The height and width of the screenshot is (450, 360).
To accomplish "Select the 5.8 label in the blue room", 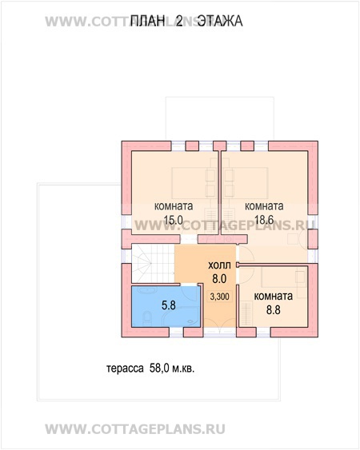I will [x=167, y=305].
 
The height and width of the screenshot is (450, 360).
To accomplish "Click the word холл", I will [x=219, y=265].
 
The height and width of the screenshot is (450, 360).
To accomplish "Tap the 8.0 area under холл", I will [x=219, y=279].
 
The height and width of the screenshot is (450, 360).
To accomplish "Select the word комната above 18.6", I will [x=266, y=205].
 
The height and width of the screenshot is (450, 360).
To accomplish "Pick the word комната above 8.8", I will [x=273, y=296].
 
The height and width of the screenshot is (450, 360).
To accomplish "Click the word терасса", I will [x=124, y=369].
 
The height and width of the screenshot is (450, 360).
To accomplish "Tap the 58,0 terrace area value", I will [x=158, y=369].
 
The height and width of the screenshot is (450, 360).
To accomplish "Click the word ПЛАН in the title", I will [x=146, y=26].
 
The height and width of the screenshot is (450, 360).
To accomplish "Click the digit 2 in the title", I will [x=180, y=26].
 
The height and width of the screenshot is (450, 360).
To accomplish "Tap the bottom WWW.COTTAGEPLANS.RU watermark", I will [x=179, y=428].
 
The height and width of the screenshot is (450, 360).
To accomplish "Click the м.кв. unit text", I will [x=182, y=369].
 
